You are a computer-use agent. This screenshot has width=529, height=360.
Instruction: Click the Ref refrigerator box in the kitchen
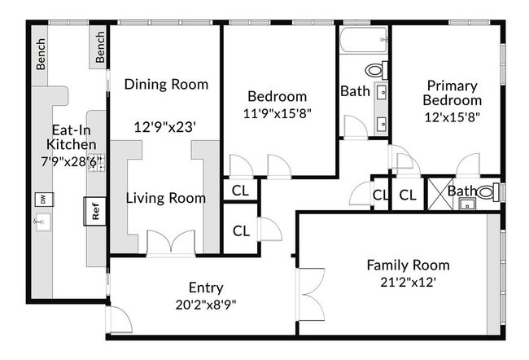pos(94,211)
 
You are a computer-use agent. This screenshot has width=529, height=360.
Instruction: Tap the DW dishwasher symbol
pos(44,200)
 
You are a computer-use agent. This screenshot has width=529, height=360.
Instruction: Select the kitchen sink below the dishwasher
pos(43,222)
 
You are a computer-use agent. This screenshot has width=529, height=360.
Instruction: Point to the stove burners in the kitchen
pos(97,164)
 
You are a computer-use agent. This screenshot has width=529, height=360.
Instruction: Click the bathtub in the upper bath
pos(363,40)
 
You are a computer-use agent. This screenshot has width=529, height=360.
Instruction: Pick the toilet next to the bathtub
pos(377,70)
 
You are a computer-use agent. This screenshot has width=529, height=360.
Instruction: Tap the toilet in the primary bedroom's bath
pos(488,192)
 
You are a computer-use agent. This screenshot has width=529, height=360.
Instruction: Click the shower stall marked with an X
pos(438,194)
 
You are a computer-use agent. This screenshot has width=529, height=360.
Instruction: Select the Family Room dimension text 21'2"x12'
pos(409,282)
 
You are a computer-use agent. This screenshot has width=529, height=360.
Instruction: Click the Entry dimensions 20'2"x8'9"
pos(206,305)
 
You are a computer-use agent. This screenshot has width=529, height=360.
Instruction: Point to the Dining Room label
pos(166,84)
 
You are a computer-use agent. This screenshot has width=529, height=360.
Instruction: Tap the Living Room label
pos(166,198)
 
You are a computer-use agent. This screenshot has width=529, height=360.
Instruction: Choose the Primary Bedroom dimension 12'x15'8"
pos(452,116)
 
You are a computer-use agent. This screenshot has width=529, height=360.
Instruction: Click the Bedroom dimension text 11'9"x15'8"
pos(277,113)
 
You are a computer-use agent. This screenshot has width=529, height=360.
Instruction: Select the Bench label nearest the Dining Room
pos(100,47)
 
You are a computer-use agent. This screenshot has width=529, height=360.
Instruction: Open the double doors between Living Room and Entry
pos(171,243)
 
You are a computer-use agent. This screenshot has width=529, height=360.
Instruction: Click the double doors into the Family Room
pos(310,295)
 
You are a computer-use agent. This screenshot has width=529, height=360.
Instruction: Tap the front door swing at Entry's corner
pos(119,319)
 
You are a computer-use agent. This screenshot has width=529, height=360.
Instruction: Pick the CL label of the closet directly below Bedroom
pos(240,191)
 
